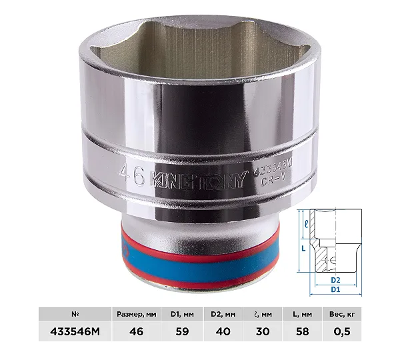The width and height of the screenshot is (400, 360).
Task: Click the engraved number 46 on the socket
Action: click(131, 175)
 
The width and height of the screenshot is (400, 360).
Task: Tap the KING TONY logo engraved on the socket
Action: click(199, 180)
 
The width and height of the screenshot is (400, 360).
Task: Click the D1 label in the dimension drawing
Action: click(335, 289)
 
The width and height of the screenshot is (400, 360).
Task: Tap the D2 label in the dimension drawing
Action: click(335, 280)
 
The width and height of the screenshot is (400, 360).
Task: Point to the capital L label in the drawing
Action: click(303, 248)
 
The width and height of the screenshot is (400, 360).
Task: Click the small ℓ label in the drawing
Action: click(307, 224)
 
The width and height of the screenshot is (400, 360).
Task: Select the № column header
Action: click(75, 314)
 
